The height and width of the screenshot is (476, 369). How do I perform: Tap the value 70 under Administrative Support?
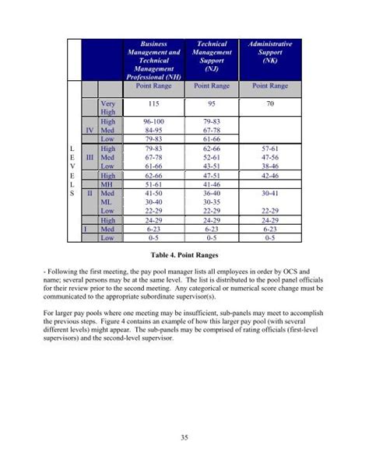[269, 103]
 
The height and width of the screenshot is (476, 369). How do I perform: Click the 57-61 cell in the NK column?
[269, 148]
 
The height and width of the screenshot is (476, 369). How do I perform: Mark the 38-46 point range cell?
[269, 166]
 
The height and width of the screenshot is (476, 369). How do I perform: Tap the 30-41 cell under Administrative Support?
[269, 192]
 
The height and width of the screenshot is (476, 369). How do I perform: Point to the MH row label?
[108, 184]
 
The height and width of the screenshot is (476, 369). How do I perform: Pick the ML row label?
[107, 201]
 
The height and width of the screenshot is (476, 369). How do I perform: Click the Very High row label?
[108, 107]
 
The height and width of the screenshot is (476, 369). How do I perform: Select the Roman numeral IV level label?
[90, 131]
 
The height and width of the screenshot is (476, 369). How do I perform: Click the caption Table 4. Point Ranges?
[184, 254]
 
